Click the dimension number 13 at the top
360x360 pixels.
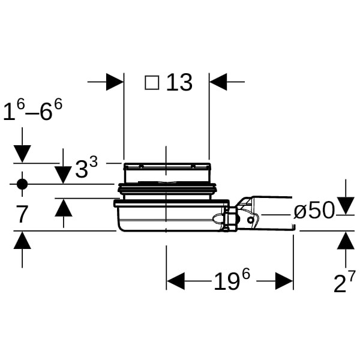(179, 82)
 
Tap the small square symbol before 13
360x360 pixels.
(152, 82)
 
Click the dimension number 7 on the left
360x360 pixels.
(22, 214)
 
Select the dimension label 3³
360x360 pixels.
(86, 169)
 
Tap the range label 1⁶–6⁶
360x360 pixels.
(32, 112)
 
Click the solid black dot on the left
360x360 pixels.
(22, 184)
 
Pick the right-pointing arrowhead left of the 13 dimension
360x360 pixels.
(115, 82)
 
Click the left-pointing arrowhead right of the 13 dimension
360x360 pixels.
(218, 82)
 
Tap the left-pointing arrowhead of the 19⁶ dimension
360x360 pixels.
(175, 281)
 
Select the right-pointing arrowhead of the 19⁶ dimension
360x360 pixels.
(284, 281)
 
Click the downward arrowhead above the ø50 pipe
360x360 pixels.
(345, 206)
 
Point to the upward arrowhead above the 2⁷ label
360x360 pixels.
(345, 240)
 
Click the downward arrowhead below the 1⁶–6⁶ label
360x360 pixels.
(22, 154)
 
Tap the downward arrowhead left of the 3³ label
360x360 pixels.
(63, 175)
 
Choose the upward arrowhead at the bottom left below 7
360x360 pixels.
(22, 241)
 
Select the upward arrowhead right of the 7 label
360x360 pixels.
(63, 208)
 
